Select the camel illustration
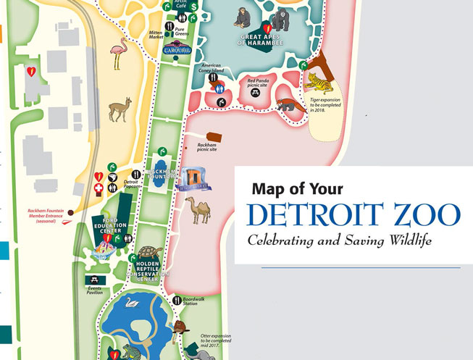198,211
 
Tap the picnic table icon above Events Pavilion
93,279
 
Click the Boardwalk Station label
195,301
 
